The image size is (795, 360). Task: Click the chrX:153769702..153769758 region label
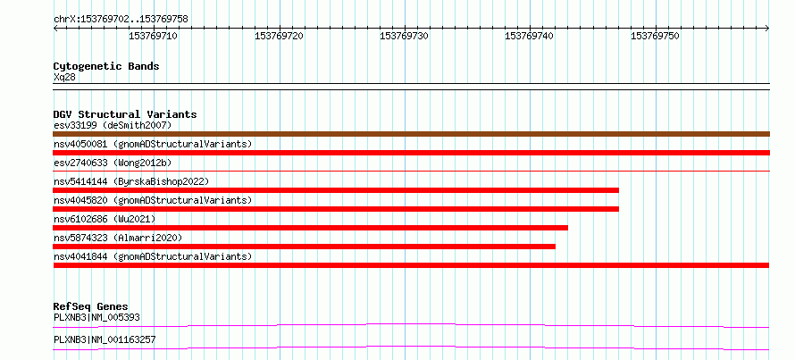[121, 20]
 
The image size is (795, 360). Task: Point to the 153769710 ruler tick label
[153, 36]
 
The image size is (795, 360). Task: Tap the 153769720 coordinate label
[279, 36]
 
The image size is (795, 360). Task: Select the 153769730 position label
[404, 36]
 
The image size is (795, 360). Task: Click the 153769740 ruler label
[530, 36]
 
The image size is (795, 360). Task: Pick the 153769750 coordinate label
[655, 36]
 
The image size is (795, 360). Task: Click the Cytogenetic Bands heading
[106, 66]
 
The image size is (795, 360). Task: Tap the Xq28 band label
[64, 77]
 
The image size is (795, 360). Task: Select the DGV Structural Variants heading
[125, 114]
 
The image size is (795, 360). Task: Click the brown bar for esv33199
[411, 134]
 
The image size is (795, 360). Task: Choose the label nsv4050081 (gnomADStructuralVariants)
[153, 144]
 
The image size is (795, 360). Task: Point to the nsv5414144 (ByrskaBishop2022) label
[131, 181]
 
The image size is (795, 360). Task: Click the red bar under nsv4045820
[336, 209]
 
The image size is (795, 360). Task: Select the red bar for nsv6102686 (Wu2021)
[310, 228]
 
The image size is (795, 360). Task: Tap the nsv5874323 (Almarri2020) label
[118, 238]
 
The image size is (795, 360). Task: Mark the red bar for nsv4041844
[411, 265]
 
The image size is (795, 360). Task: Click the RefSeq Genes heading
[91, 306]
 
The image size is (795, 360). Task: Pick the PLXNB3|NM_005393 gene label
[96, 317]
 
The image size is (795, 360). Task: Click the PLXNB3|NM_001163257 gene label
[105, 339]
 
